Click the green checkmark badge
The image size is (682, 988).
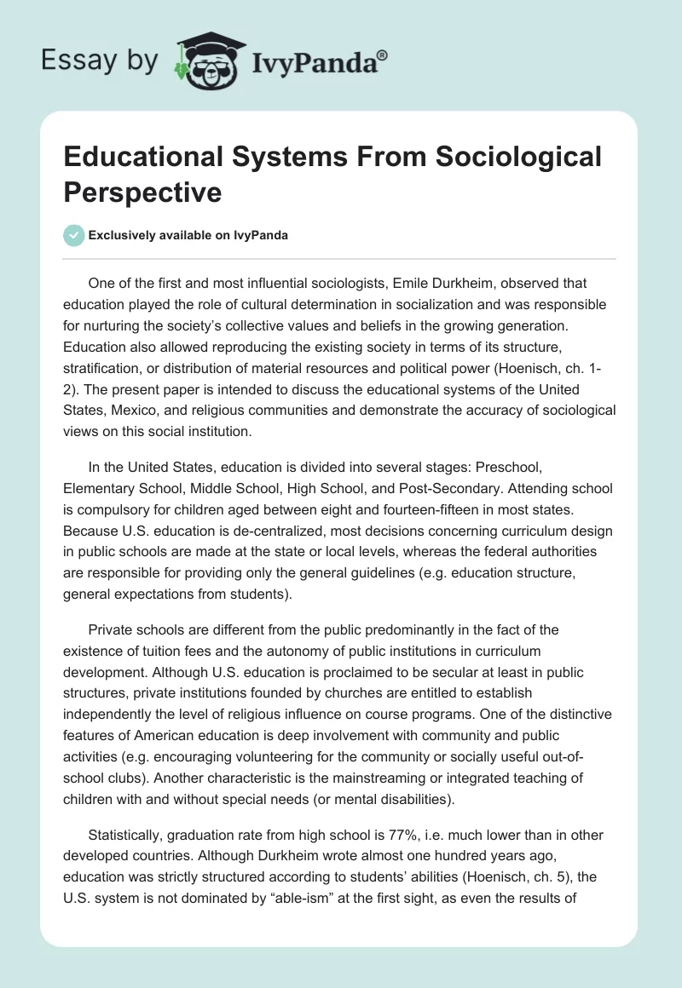pos(74,235)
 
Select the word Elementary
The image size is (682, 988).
pos(97,488)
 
